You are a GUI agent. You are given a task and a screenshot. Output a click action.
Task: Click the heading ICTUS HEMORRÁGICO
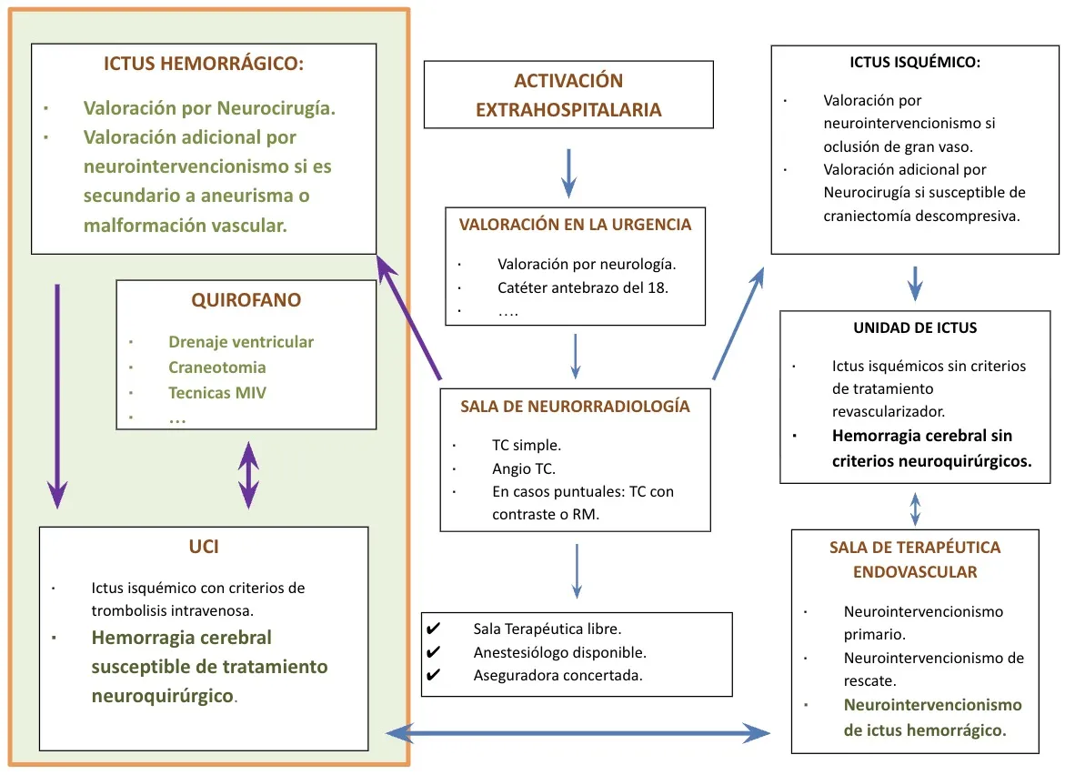point(204,65)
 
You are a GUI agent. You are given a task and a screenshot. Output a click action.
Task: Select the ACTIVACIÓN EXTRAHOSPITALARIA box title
point(568,96)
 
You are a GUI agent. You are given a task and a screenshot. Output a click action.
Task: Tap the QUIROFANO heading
point(246,300)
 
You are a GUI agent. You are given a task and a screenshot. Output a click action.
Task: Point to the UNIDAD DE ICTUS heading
point(915,327)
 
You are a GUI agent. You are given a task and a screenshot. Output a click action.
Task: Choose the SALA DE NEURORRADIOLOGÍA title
point(575,407)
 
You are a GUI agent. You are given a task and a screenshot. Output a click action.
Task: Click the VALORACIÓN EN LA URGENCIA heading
point(575,224)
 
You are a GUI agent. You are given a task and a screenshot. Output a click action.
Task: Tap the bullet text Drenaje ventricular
point(241,342)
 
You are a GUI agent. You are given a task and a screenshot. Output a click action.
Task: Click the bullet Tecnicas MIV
point(217,393)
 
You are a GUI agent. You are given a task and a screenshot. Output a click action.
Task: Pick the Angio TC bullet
point(523,469)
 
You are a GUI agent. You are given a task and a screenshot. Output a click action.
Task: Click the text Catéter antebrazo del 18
point(582,287)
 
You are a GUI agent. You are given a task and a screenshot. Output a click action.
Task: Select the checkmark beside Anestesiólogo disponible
point(434,652)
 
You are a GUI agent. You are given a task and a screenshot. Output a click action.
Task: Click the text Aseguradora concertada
point(558,675)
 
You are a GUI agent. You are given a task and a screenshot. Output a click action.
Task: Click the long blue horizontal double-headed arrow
point(578,732)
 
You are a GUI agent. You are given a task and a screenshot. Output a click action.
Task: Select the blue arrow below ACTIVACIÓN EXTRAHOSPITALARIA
point(568,173)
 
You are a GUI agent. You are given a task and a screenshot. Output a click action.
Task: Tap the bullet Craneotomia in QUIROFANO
point(216,367)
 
